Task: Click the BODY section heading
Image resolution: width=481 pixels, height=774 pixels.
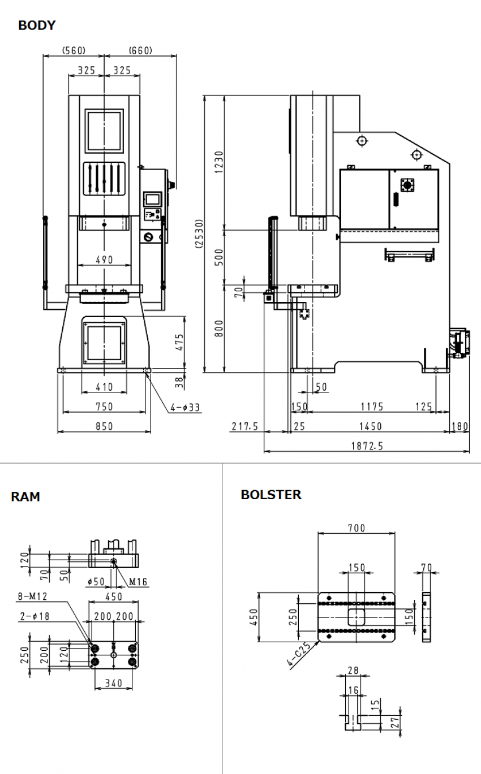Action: click(37, 25)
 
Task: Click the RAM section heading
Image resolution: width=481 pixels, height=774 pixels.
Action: click(25, 497)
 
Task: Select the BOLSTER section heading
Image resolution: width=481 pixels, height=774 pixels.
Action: click(271, 495)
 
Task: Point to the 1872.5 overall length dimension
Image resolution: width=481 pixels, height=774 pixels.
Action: click(367, 446)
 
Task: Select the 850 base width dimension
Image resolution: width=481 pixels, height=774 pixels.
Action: click(104, 426)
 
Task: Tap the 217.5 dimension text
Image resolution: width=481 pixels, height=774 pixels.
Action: click(244, 426)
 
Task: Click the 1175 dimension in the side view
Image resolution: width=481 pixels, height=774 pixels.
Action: click(372, 407)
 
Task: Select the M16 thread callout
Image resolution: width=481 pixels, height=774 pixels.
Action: click(138, 581)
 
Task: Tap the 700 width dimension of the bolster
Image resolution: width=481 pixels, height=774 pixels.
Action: click(357, 528)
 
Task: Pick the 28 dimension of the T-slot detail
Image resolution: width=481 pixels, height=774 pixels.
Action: click(353, 671)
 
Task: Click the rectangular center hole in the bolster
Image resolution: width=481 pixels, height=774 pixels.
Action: click(356, 617)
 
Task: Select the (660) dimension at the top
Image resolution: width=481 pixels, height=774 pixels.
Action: click(140, 50)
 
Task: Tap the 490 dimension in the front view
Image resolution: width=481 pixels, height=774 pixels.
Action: click(104, 260)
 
